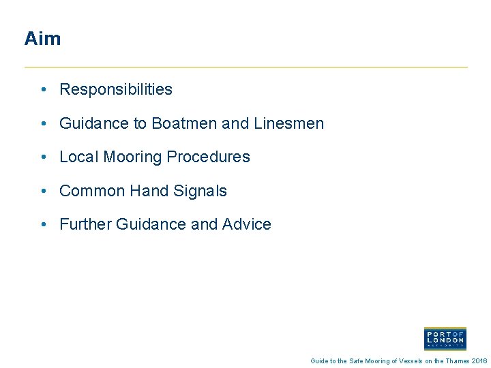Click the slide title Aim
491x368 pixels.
coord(42,39)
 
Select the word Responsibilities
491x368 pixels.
coord(116,89)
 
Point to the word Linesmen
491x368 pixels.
coord(288,123)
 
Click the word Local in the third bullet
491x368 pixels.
coord(79,157)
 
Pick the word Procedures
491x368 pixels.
coord(209,157)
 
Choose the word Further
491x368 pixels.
coord(87,224)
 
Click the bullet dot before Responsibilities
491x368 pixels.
coord(43,90)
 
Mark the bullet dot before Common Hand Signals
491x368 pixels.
coord(43,191)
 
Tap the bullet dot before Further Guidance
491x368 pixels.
coord(43,225)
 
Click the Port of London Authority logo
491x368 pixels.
coord(445,338)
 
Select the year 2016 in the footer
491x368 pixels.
coord(479,361)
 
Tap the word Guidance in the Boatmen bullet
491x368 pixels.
coord(95,123)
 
